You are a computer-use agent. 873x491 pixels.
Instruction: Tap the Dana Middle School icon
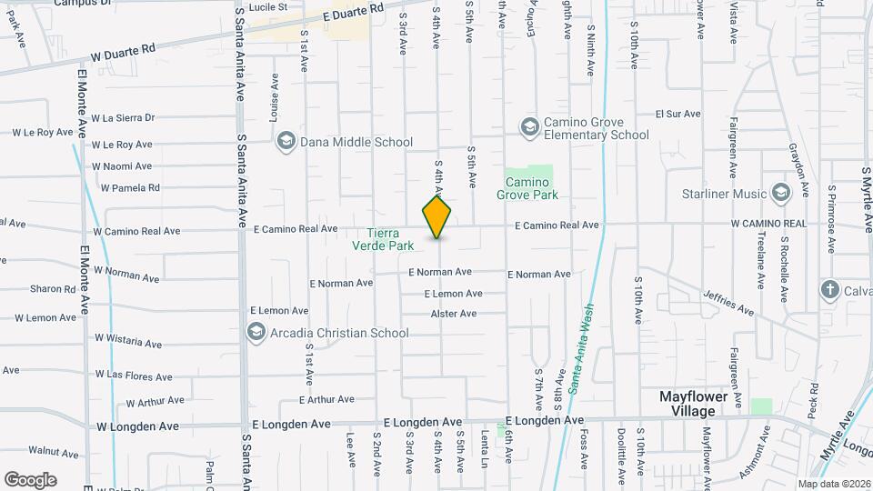click(286, 141)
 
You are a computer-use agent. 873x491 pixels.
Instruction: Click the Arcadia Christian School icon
click(256, 332)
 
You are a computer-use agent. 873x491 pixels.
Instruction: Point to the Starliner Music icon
click(780, 193)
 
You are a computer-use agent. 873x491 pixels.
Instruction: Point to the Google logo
click(31, 479)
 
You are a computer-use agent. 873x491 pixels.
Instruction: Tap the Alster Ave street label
click(454, 315)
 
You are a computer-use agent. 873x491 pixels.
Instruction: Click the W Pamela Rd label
click(130, 188)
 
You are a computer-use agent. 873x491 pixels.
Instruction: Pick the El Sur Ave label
click(678, 115)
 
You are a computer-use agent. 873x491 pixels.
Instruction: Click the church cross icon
click(828, 290)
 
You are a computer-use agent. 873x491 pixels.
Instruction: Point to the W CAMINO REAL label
click(770, 224)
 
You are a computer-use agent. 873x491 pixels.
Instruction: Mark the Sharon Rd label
click(52, 289)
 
